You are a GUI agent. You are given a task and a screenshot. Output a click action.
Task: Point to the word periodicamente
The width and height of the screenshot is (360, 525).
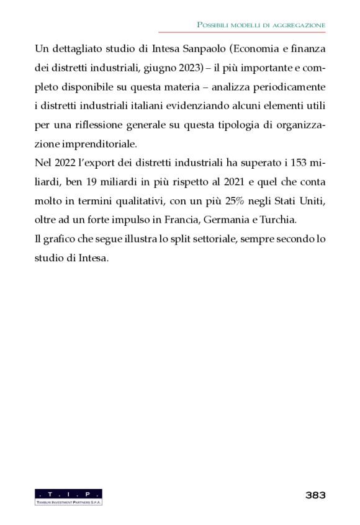pyautogui.click(x=290, y=86)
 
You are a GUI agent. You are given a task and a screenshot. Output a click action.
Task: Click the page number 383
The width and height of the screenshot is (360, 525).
pyautogui.click(x=315, y=495)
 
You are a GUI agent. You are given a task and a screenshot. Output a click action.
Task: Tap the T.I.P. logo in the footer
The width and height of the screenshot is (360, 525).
pyautogui.click(x=69, y=496)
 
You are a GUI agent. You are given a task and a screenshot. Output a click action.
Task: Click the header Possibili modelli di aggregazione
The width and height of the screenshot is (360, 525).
pyautogui.click(x=261, y=24)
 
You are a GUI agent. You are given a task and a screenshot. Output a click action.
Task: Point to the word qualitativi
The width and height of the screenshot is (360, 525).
pyautogui.click(x=136, y=202)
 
